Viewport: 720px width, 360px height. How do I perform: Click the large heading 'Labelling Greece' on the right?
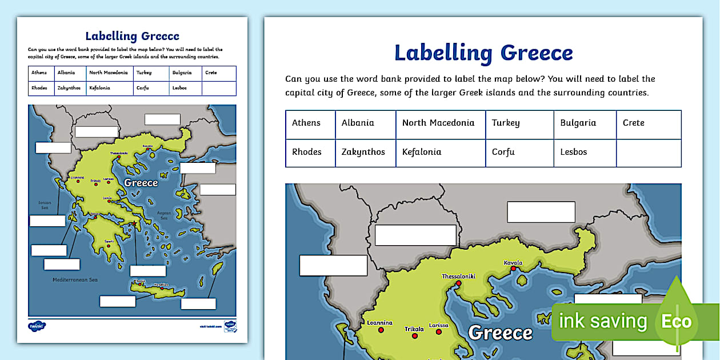tap(483, 53)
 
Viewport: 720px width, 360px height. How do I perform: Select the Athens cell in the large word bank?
tap(306, 123)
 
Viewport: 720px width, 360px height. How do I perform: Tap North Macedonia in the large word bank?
tap(438, 123)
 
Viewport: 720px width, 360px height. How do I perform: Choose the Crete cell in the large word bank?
tap(633, 123)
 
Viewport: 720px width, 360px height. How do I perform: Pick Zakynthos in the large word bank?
tap(363, 152)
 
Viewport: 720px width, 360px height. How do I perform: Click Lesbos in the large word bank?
tap(574, 152)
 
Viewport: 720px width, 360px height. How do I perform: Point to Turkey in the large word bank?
tap(506, 123)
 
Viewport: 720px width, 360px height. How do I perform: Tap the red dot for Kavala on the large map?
tap(513, 269)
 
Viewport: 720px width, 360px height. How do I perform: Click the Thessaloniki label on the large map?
tap(458, 277)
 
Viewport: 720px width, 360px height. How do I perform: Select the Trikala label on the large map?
tap(414, 329)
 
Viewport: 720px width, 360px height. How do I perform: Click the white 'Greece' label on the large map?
tap(500, 333)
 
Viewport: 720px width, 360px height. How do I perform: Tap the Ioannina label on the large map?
tap(379, 322)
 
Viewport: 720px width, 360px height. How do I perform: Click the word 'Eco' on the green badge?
tap(676, 322)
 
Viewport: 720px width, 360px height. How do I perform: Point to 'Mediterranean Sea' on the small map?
tap(75, 280)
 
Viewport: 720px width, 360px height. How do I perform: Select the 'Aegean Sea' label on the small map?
tap(164, 215)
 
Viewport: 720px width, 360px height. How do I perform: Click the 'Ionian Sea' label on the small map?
tap(45, 205)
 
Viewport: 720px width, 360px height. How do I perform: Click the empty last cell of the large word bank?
tap(649, 153)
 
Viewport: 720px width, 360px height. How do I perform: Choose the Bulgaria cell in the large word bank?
tap(578, 123)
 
